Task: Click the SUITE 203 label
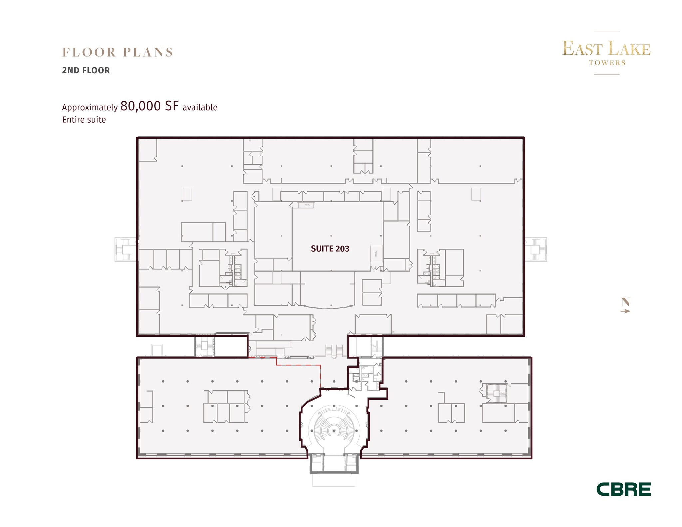pyautogui.click(x=330, y=249)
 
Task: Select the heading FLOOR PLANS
pyautogui.click(x=118, y=52)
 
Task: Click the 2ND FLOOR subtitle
pyautogui.click(x=86, y=70)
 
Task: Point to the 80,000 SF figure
pyautogui.click(x=150, y=106)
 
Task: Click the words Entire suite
pyautogui.click(x=84, y=120)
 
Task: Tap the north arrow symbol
pyautogui.click(x=625, y=311)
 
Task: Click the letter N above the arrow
pyautogui.click(x=625, y=302)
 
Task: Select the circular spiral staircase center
pyautogui.click(x=334, y=431)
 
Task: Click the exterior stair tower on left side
pyautogui.click(x=126, y=249)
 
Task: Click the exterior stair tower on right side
pyautogui.click(x=535, y=249)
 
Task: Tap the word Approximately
pyautogui.click(x=90, y=107)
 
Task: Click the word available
pyautogui.click(x=200, y=107)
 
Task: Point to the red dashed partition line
pyautogui.click(x=298, y=365)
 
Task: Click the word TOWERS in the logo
pyautogui.click(x=607, y=63)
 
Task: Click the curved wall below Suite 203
pyautogui.click(x=327, y=307)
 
